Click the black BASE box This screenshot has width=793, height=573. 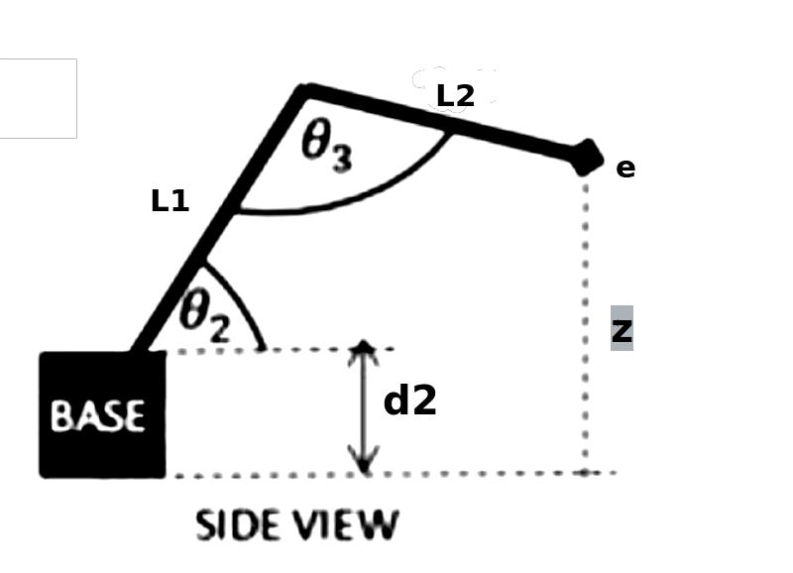coord(103,414)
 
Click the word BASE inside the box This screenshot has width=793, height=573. coord(98,416)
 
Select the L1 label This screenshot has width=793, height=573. coord(170,201)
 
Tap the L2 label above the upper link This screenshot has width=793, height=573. coord(456,96)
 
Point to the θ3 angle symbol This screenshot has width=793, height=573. coord(327,148)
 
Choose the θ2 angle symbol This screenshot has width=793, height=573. coord(205,315)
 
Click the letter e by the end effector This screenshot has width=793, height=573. coord(625,169)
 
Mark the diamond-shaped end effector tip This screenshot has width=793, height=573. coord(587,158)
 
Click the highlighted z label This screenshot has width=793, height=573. coord(623,329)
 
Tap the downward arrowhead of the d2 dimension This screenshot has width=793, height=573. coord(364,461)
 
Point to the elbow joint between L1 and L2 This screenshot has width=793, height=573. coord(304,92)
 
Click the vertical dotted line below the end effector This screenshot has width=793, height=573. coord(585,323)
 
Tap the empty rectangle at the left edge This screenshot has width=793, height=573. coord(38,98)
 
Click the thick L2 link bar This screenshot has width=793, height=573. coord(441,123)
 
